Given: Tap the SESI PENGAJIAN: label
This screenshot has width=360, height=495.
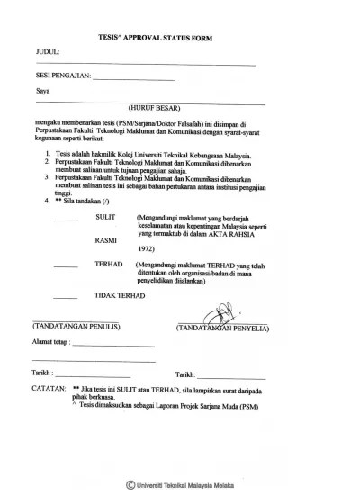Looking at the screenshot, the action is point(62,77).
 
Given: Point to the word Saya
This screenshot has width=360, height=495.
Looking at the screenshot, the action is point(41,92).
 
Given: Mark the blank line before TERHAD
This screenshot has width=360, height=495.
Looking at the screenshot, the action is point(66,265).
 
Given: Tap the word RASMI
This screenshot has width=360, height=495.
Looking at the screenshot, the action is point(106,241).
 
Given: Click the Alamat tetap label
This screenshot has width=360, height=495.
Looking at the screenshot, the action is point(50,343).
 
